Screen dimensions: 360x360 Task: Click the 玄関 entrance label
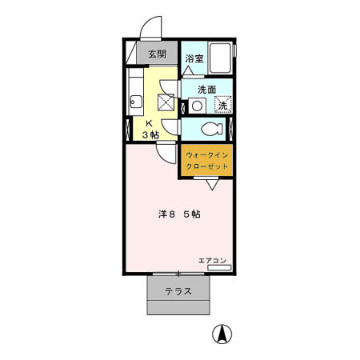coord(157,54)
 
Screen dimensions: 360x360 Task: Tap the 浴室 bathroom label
coord(194,58)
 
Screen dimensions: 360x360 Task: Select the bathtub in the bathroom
coord(221,57)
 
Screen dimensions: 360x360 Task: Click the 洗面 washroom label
coord(207,89)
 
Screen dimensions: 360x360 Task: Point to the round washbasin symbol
coord(196,105)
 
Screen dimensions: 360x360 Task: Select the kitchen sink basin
coord(134,101)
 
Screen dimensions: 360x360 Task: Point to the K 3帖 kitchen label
coord(150,130)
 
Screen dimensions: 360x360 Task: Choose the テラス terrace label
coord(178,291)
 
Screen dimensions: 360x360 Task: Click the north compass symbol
coord(218,334)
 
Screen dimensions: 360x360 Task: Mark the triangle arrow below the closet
coord(211,186)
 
